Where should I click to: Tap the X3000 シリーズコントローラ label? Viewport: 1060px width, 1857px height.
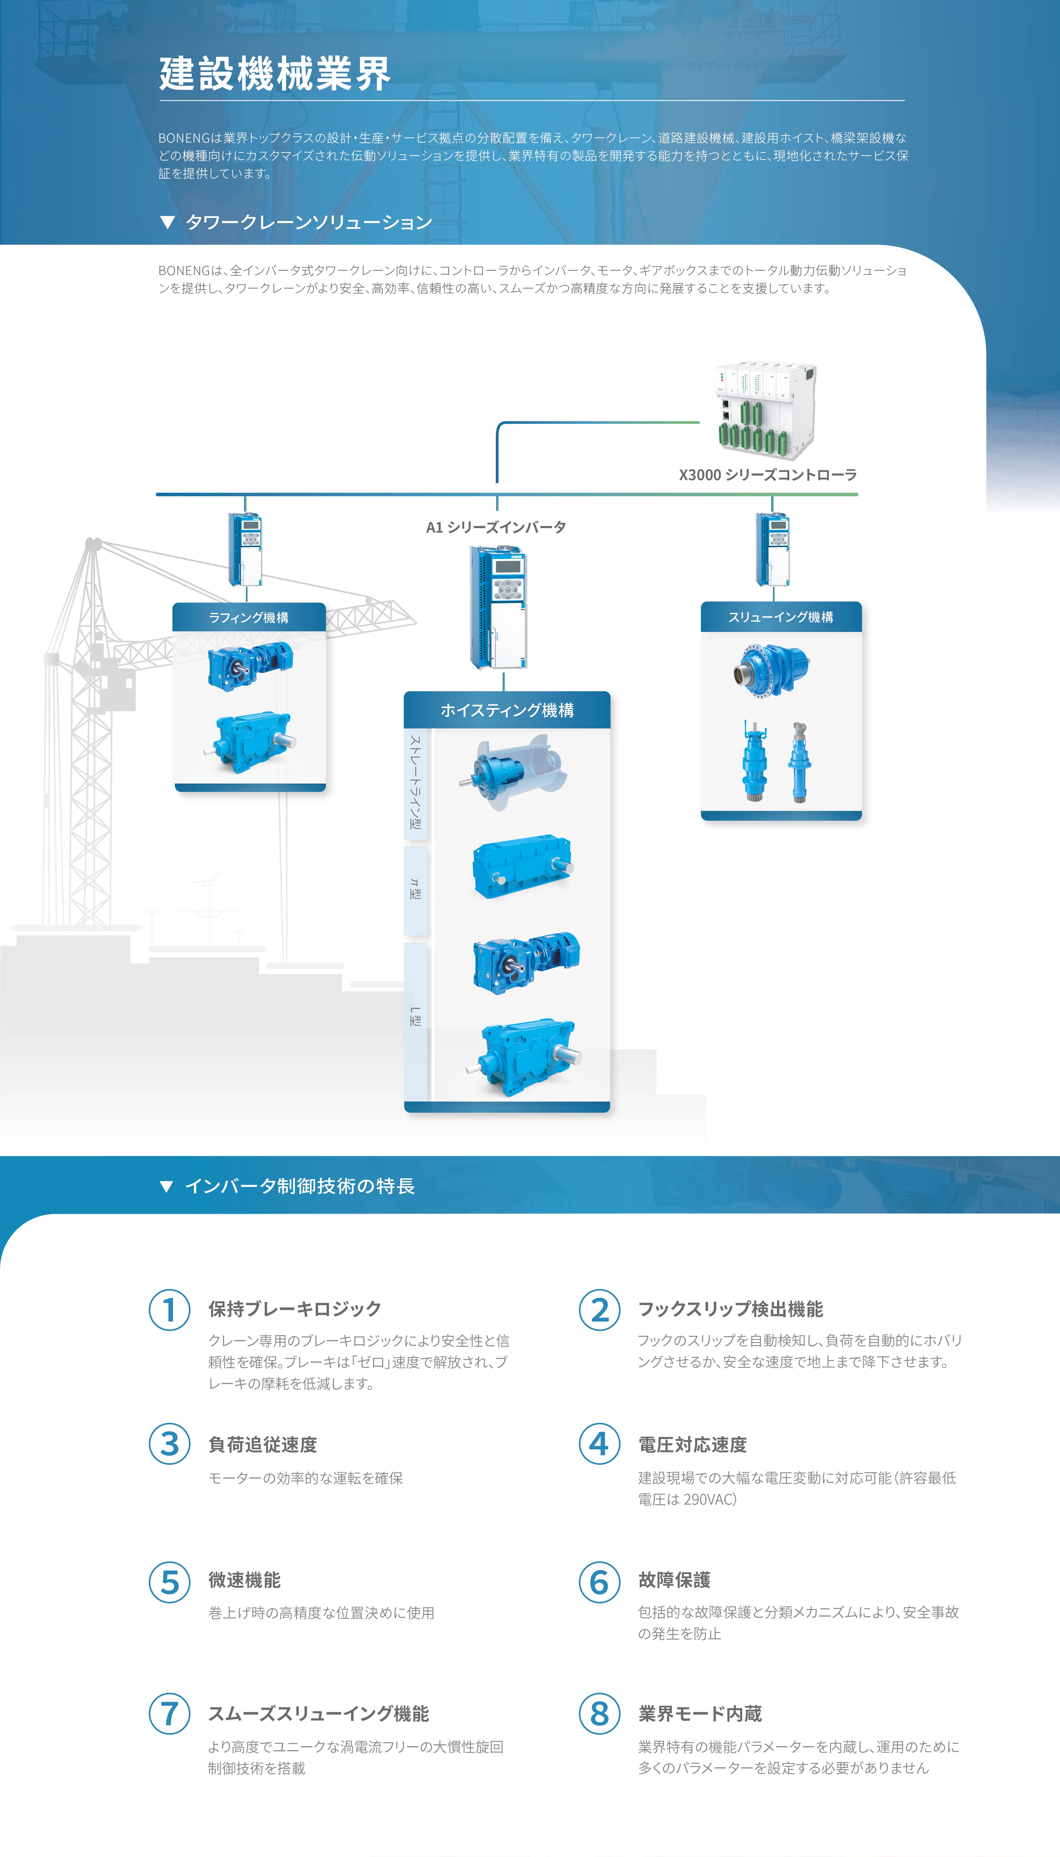coord(767,475)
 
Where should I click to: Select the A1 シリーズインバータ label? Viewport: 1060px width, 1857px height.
coord(496,527)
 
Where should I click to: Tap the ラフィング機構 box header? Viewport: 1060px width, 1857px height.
coord(249,617)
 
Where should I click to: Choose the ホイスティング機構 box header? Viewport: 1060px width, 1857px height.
coord(507,710)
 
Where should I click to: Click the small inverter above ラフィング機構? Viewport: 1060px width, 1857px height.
coord(245,550)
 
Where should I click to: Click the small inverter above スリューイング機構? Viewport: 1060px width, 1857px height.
coord(772,550)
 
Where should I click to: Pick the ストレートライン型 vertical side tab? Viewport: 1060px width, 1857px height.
coord(415,783)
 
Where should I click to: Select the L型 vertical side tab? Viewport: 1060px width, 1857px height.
coord(415,1017)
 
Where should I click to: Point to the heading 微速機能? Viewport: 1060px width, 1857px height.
coord(244,1580)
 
